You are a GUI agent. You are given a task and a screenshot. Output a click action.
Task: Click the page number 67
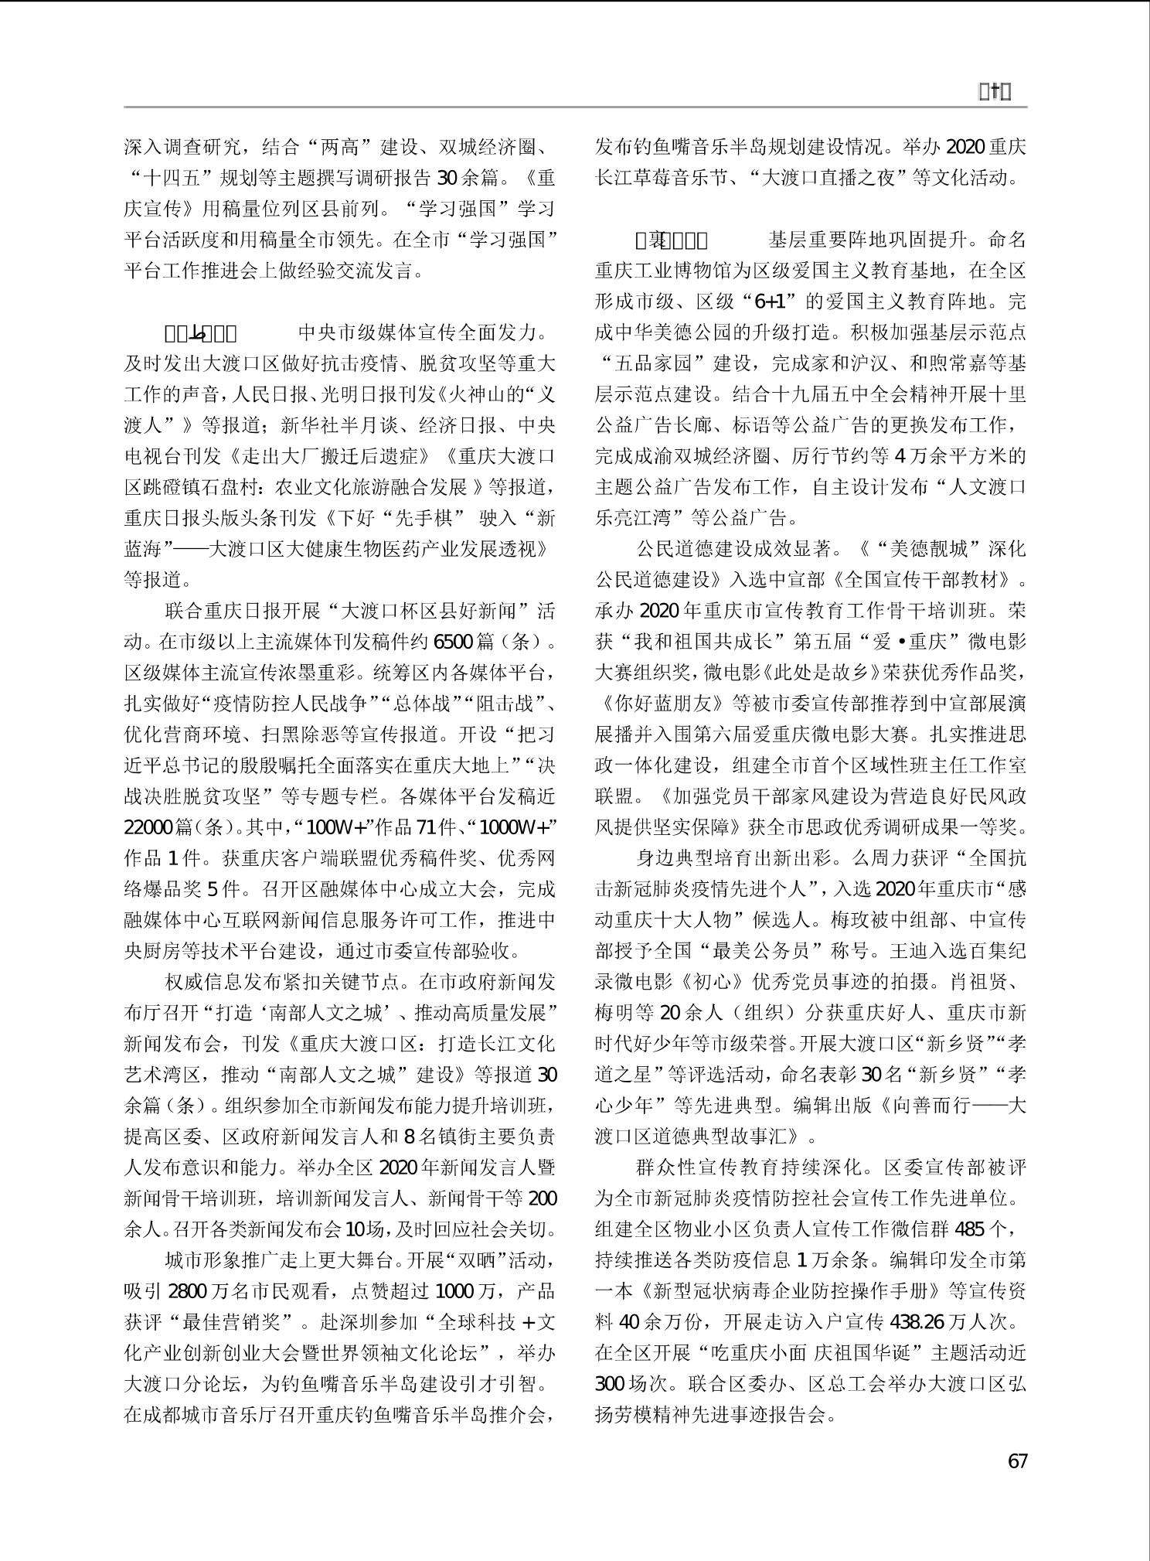coord(1017,1460)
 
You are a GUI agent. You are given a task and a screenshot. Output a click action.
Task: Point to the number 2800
coord(187,1291)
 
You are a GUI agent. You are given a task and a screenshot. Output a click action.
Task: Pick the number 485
coord(975,1229)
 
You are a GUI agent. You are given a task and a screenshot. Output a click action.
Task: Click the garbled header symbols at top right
coord(995,92)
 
